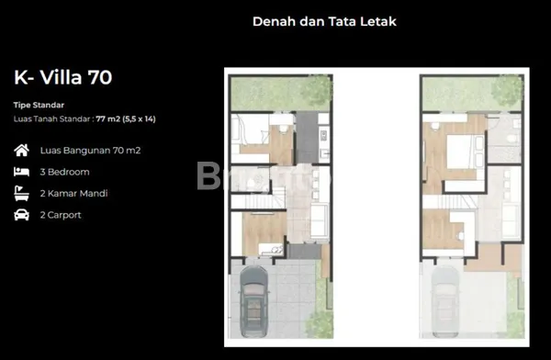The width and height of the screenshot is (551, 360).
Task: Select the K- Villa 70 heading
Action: (x=62, y=77)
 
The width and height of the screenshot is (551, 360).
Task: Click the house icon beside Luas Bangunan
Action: (x=21, y=150)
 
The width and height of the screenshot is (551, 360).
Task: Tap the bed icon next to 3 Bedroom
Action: (x=21, y=172)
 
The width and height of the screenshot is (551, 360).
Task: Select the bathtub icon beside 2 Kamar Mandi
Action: (x=21, y=194)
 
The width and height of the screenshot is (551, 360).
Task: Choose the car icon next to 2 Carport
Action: (x=21, y=215)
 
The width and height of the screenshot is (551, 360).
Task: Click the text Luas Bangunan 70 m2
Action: (x=90, y=150)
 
